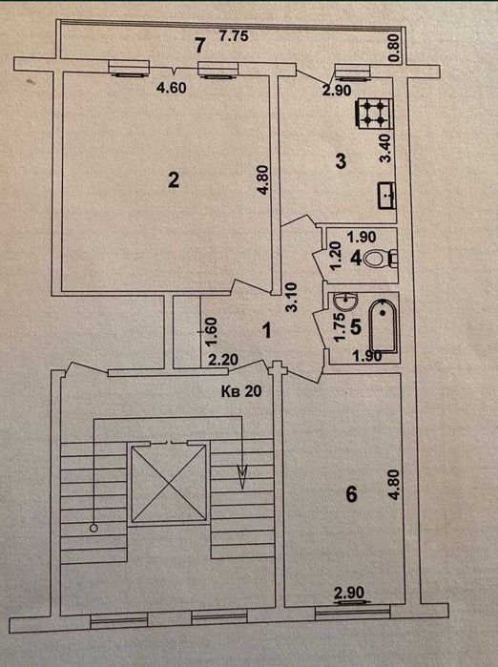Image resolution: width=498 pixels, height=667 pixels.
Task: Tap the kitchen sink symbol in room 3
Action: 386,196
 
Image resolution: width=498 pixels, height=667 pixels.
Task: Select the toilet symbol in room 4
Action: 381,259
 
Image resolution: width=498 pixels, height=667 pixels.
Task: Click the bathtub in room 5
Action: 384,326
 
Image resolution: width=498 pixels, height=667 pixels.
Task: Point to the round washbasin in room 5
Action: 345,302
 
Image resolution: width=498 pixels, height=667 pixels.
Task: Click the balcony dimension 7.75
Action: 234,36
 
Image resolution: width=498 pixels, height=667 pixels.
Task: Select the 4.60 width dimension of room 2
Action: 172,88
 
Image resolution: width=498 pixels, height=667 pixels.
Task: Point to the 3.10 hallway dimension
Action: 292,298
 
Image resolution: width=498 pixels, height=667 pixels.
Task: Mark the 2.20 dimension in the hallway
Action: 223,361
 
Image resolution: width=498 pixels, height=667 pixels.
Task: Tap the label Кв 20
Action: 241,391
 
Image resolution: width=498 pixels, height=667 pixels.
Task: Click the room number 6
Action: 351,494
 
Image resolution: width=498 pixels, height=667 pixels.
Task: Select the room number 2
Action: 174,180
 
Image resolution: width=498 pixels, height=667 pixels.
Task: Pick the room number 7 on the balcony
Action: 200,46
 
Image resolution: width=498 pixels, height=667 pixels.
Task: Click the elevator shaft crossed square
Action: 169,483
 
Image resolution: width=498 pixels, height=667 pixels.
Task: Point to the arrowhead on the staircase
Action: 243,476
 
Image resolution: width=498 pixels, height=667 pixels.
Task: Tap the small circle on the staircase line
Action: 93,528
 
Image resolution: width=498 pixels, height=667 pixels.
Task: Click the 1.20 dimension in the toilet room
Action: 336,255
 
